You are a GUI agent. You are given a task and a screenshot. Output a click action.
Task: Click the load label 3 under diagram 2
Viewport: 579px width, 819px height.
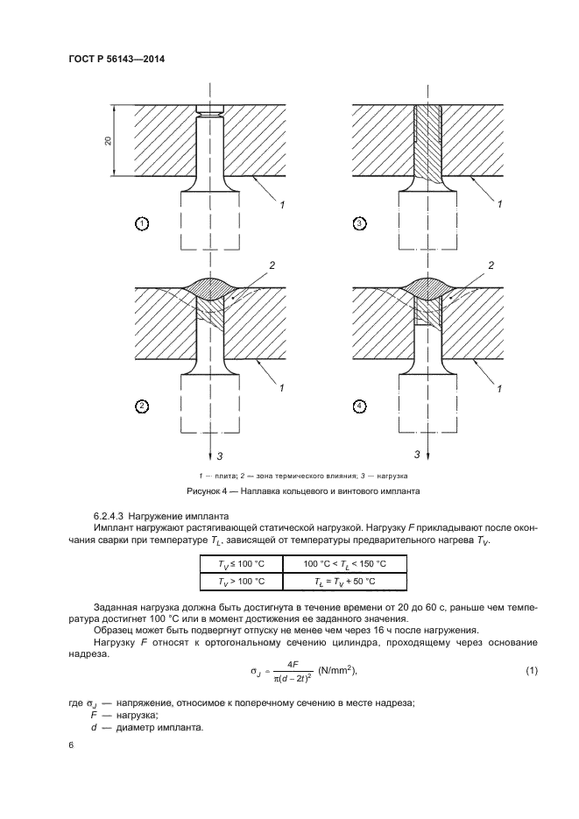click(x=222, y=455)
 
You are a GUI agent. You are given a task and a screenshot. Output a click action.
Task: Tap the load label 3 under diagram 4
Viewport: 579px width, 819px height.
click(x=418, y=455)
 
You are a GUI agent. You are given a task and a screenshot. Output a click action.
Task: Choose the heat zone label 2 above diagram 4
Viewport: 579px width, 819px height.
click(x=490, y=264)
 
